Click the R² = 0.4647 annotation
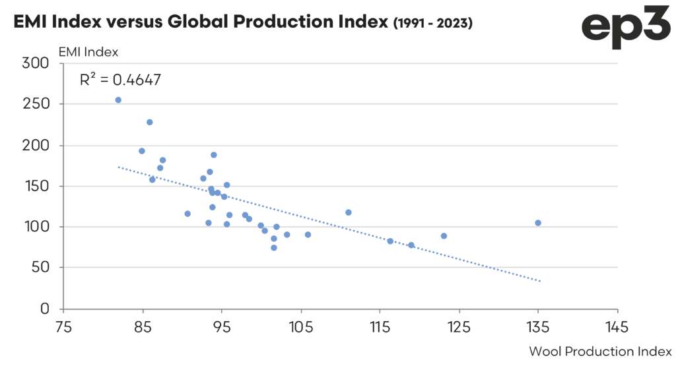(x=120, y=80)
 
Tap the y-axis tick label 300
(x=37, y=63)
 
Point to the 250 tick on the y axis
(x=37, y=104)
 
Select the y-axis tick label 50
(x=41, y=268)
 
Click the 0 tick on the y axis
(x=45, y=309)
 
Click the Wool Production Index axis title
(x=600, y=351)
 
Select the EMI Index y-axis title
(x=88, y=51)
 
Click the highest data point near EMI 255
(x=118, y=100)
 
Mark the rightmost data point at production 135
(x=538, y=223)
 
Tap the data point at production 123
(x=444, y=236)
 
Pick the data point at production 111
(x=349, y=212)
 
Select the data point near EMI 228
(x=150, y=122)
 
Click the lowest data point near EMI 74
(x=274, y=248)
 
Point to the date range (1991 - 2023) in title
(x=432, y=22)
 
